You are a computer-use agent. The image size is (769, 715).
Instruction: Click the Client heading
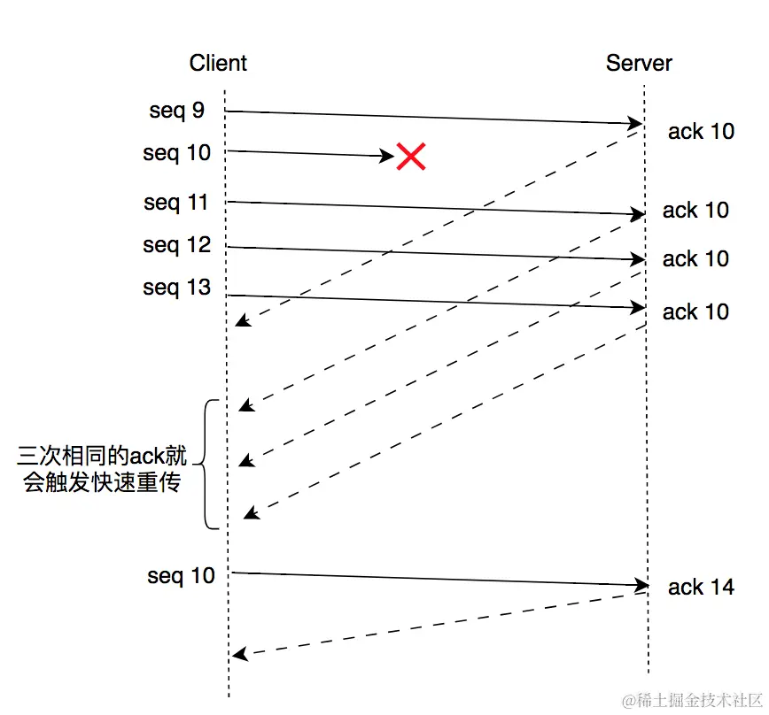click(x=218, y=63)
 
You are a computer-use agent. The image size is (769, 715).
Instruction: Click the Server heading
click(x=639, y=63)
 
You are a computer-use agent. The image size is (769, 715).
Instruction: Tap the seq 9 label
click(x=177, y=111)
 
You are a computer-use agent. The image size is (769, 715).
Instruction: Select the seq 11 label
click(x=176, y=203)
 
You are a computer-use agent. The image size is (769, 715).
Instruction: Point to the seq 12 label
click(x=177, y=245)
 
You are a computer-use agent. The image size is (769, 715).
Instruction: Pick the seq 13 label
click(x=177, y=288)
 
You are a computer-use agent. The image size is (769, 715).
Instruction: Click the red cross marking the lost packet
click(x=410, y=157)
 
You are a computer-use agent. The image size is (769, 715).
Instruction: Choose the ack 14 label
click(x=701, y=587)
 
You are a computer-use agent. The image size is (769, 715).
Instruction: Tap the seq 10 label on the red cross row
click(x=177, y=153)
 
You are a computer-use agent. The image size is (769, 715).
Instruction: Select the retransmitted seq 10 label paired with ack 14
click(x=181, y=576)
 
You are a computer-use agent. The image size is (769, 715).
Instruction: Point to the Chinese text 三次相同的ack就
click(x=103, y=457)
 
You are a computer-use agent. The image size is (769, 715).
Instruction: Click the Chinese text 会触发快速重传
click(x=103, y=484)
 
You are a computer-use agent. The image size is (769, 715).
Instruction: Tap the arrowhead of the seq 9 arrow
click(x=636, y=123)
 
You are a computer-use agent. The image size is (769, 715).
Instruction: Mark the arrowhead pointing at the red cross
click(x=387, y=156)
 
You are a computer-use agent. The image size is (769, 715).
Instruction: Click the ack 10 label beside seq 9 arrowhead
click(x=701, y=132)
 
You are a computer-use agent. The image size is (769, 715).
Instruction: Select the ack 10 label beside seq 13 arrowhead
click(x=695, y=311)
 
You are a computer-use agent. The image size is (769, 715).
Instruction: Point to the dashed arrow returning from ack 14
click(x=439, y=624)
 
